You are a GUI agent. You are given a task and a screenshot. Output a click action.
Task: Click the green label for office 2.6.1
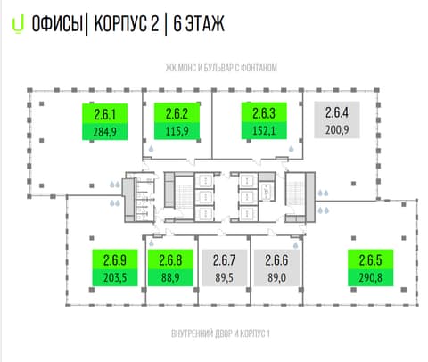pos(105,121)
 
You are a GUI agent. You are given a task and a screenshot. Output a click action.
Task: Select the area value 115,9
pos(177,131)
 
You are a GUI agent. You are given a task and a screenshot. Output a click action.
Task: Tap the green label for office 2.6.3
pos(264,120)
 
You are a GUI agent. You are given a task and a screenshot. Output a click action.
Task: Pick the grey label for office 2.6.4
pos(337,119)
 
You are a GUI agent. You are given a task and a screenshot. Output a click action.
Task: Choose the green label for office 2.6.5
pos(371,267)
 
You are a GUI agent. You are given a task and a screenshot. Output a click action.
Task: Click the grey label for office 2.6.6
pos(276,267)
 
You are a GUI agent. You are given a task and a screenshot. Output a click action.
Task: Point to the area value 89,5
pos(224,277)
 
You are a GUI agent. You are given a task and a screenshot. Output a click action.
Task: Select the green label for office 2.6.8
pos(170,267)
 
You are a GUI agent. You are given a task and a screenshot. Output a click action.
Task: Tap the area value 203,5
pos(115,277)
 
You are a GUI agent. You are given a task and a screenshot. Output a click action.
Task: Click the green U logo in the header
pos(18,25)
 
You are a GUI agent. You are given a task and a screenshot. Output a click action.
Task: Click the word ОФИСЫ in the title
pos(57,23)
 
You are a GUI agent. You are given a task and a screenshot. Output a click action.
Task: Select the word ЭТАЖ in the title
pos(205,23)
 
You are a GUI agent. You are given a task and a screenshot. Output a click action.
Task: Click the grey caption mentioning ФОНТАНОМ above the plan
pos(221,68)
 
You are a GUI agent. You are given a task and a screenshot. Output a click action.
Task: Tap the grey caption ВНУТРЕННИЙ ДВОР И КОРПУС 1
pos(220,333)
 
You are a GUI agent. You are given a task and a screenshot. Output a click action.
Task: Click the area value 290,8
pos(371,277)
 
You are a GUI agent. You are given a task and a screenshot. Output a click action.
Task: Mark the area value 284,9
pos(105,132)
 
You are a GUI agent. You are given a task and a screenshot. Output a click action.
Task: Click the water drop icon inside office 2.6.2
pos(152,149)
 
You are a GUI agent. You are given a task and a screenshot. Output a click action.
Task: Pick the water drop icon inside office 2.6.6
pos(296,245)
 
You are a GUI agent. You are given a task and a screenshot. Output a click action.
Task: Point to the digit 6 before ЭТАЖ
pos(177,23)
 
